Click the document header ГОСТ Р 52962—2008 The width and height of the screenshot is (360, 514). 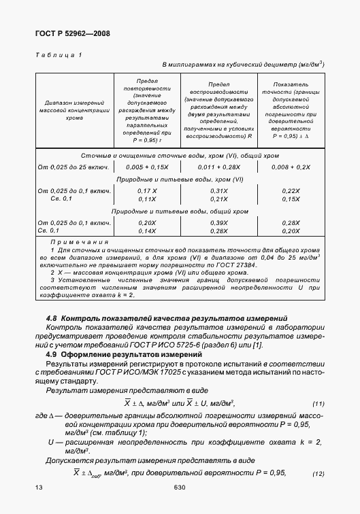click(x=71, y=33)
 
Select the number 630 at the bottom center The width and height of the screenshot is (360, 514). click(x=180, y=487)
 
